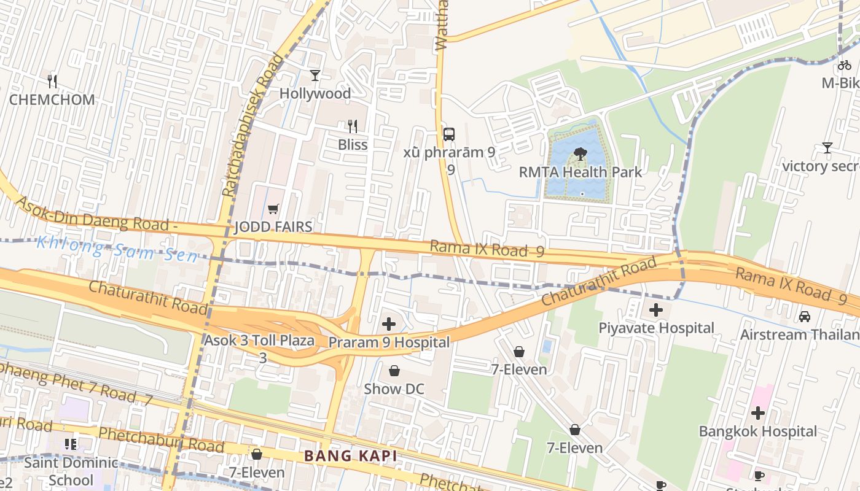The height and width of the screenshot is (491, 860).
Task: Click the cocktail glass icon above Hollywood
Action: point(315,75)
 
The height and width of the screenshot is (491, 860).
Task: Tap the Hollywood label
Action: point(315,94)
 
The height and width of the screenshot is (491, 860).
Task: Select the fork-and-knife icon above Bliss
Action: point(353,126)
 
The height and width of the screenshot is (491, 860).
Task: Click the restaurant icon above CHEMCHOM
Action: point(52,81)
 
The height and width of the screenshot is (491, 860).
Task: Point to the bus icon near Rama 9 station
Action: point(449,134)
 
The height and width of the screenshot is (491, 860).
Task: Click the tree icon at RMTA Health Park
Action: point(580,153)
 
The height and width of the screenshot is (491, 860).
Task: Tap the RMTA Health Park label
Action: point(580,172)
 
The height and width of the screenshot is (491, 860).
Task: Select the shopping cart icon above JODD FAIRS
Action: point(273,209)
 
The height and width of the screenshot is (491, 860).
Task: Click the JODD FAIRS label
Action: point(273,227)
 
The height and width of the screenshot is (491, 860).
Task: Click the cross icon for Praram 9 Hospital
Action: point(389,324)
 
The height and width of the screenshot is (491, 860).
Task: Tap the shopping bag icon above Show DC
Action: point(394,371)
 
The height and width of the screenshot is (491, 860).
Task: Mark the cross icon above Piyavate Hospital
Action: point(656,310)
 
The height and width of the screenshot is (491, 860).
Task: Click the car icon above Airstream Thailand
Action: point(804,317)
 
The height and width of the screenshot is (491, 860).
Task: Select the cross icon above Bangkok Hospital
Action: point(758,413)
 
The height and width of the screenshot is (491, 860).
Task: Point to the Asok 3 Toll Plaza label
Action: point(259,341)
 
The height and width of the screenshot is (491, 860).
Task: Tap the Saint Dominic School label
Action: point(71,471)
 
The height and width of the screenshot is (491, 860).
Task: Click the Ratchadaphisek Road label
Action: point(255,126)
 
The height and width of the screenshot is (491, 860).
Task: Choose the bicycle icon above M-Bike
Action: point(845,64)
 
